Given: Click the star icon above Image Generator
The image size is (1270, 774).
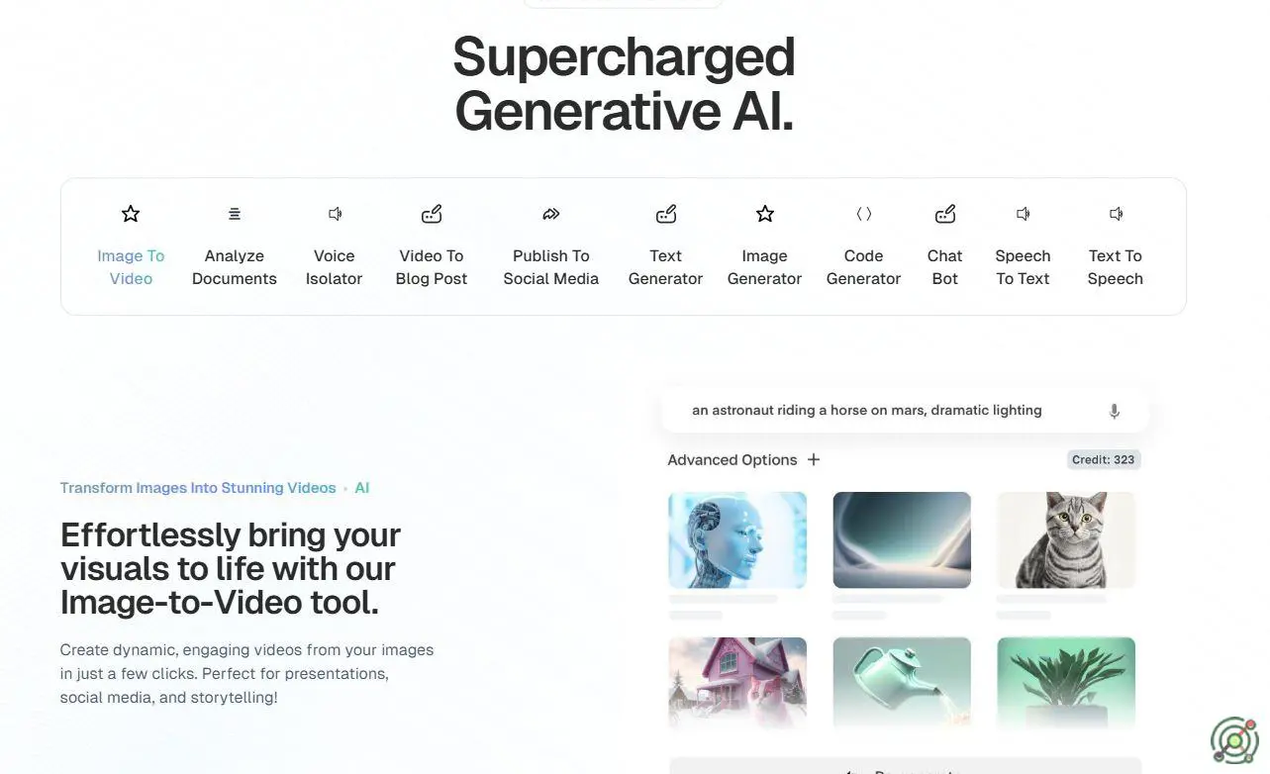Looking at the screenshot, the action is pos(765,214).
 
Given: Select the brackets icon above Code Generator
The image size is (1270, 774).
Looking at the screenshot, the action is pos(863,214).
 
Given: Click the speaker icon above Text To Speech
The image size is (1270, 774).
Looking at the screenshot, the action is pos(1116,214).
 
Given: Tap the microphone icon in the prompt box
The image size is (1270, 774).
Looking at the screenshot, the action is pos(1114,411).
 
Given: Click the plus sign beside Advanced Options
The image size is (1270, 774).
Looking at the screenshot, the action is pos(814,459).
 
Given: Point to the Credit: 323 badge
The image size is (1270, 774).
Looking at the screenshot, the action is pos(1104,459).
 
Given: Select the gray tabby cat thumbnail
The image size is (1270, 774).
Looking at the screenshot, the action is pos(1066,539).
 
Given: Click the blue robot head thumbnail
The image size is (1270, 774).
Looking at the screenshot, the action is pos(737,539).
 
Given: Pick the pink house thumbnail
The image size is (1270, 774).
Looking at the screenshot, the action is pos(737,683).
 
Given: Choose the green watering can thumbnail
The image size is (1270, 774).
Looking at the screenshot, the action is pos(902,683).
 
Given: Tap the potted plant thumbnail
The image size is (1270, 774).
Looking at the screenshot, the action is pos(1066,683).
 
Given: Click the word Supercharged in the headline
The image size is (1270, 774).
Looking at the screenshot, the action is pos(624,57).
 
